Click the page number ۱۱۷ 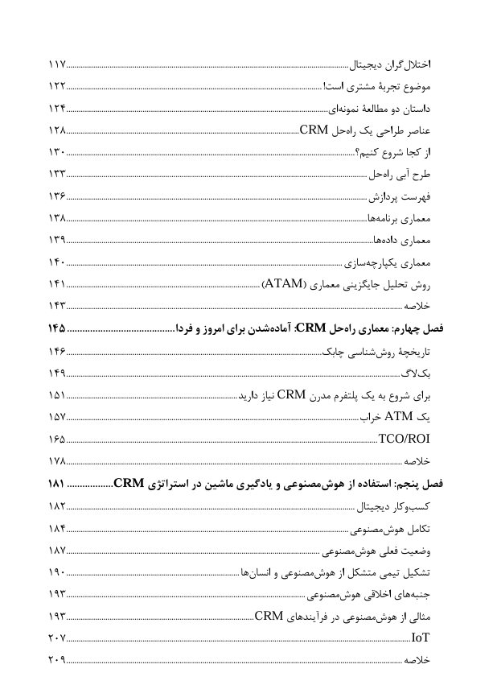coord(56,64)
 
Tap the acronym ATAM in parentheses coord(282,284)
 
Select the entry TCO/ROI coord(405,439)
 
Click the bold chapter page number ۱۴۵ coord(57,328)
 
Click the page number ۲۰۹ coord(56,659)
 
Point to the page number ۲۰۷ coord(56,638)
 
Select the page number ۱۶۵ coord(56,439)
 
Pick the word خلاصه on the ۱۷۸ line coord(418,461)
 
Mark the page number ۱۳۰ coord(56,152)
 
